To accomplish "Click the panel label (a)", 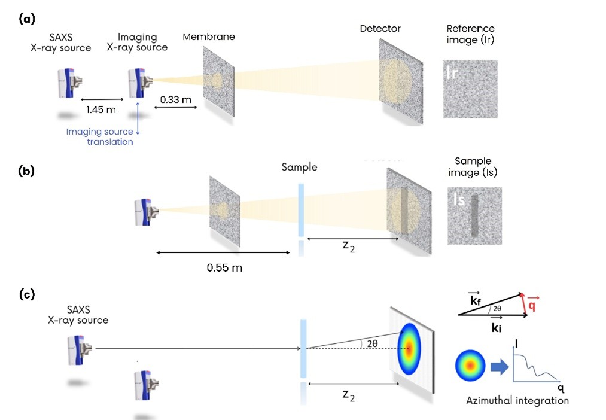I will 26,19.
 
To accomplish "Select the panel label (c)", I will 26,294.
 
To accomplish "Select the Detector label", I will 380,28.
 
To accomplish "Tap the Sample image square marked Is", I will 474,215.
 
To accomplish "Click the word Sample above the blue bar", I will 299,168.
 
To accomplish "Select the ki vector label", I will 497,327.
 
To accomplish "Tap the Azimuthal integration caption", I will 517,400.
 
